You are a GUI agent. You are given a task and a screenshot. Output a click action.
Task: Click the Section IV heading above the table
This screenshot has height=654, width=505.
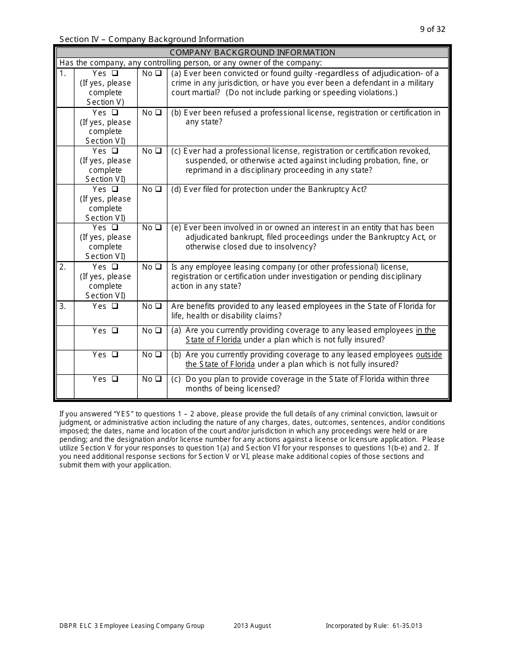pos(151,39)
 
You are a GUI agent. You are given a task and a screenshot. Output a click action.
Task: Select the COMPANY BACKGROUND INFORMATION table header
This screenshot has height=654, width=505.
pos(252,53)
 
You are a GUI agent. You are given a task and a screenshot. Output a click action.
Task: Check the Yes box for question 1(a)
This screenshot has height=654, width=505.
pos(115,73)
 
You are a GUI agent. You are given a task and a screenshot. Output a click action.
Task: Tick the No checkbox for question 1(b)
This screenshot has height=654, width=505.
pos(158,113)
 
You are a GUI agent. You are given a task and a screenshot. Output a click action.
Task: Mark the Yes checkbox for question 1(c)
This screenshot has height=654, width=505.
pos(115,151)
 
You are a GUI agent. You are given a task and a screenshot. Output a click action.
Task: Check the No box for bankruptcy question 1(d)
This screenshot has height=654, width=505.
pos(158,189)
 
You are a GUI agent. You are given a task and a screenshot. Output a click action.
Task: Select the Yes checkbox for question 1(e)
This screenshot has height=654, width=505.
pos(115,228)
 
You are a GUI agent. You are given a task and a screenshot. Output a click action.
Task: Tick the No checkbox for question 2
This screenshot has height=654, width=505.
pos(158,267)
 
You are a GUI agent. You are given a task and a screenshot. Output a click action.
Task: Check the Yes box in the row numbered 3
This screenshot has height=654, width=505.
pos(115,306)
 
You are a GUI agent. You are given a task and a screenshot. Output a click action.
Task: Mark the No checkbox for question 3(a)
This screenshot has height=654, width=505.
pos(158,331)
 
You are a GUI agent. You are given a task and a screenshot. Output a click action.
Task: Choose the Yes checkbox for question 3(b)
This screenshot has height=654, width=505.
pos(115,355)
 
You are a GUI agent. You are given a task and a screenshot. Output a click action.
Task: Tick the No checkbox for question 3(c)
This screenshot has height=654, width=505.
pos(158,379)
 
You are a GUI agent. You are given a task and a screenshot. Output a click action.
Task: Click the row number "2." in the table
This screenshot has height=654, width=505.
pos(63,267)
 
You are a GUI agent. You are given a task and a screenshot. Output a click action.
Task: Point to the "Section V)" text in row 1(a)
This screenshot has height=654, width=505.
pos(105,102)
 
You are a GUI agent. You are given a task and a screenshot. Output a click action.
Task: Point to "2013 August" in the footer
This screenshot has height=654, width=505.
pos(252,626)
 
